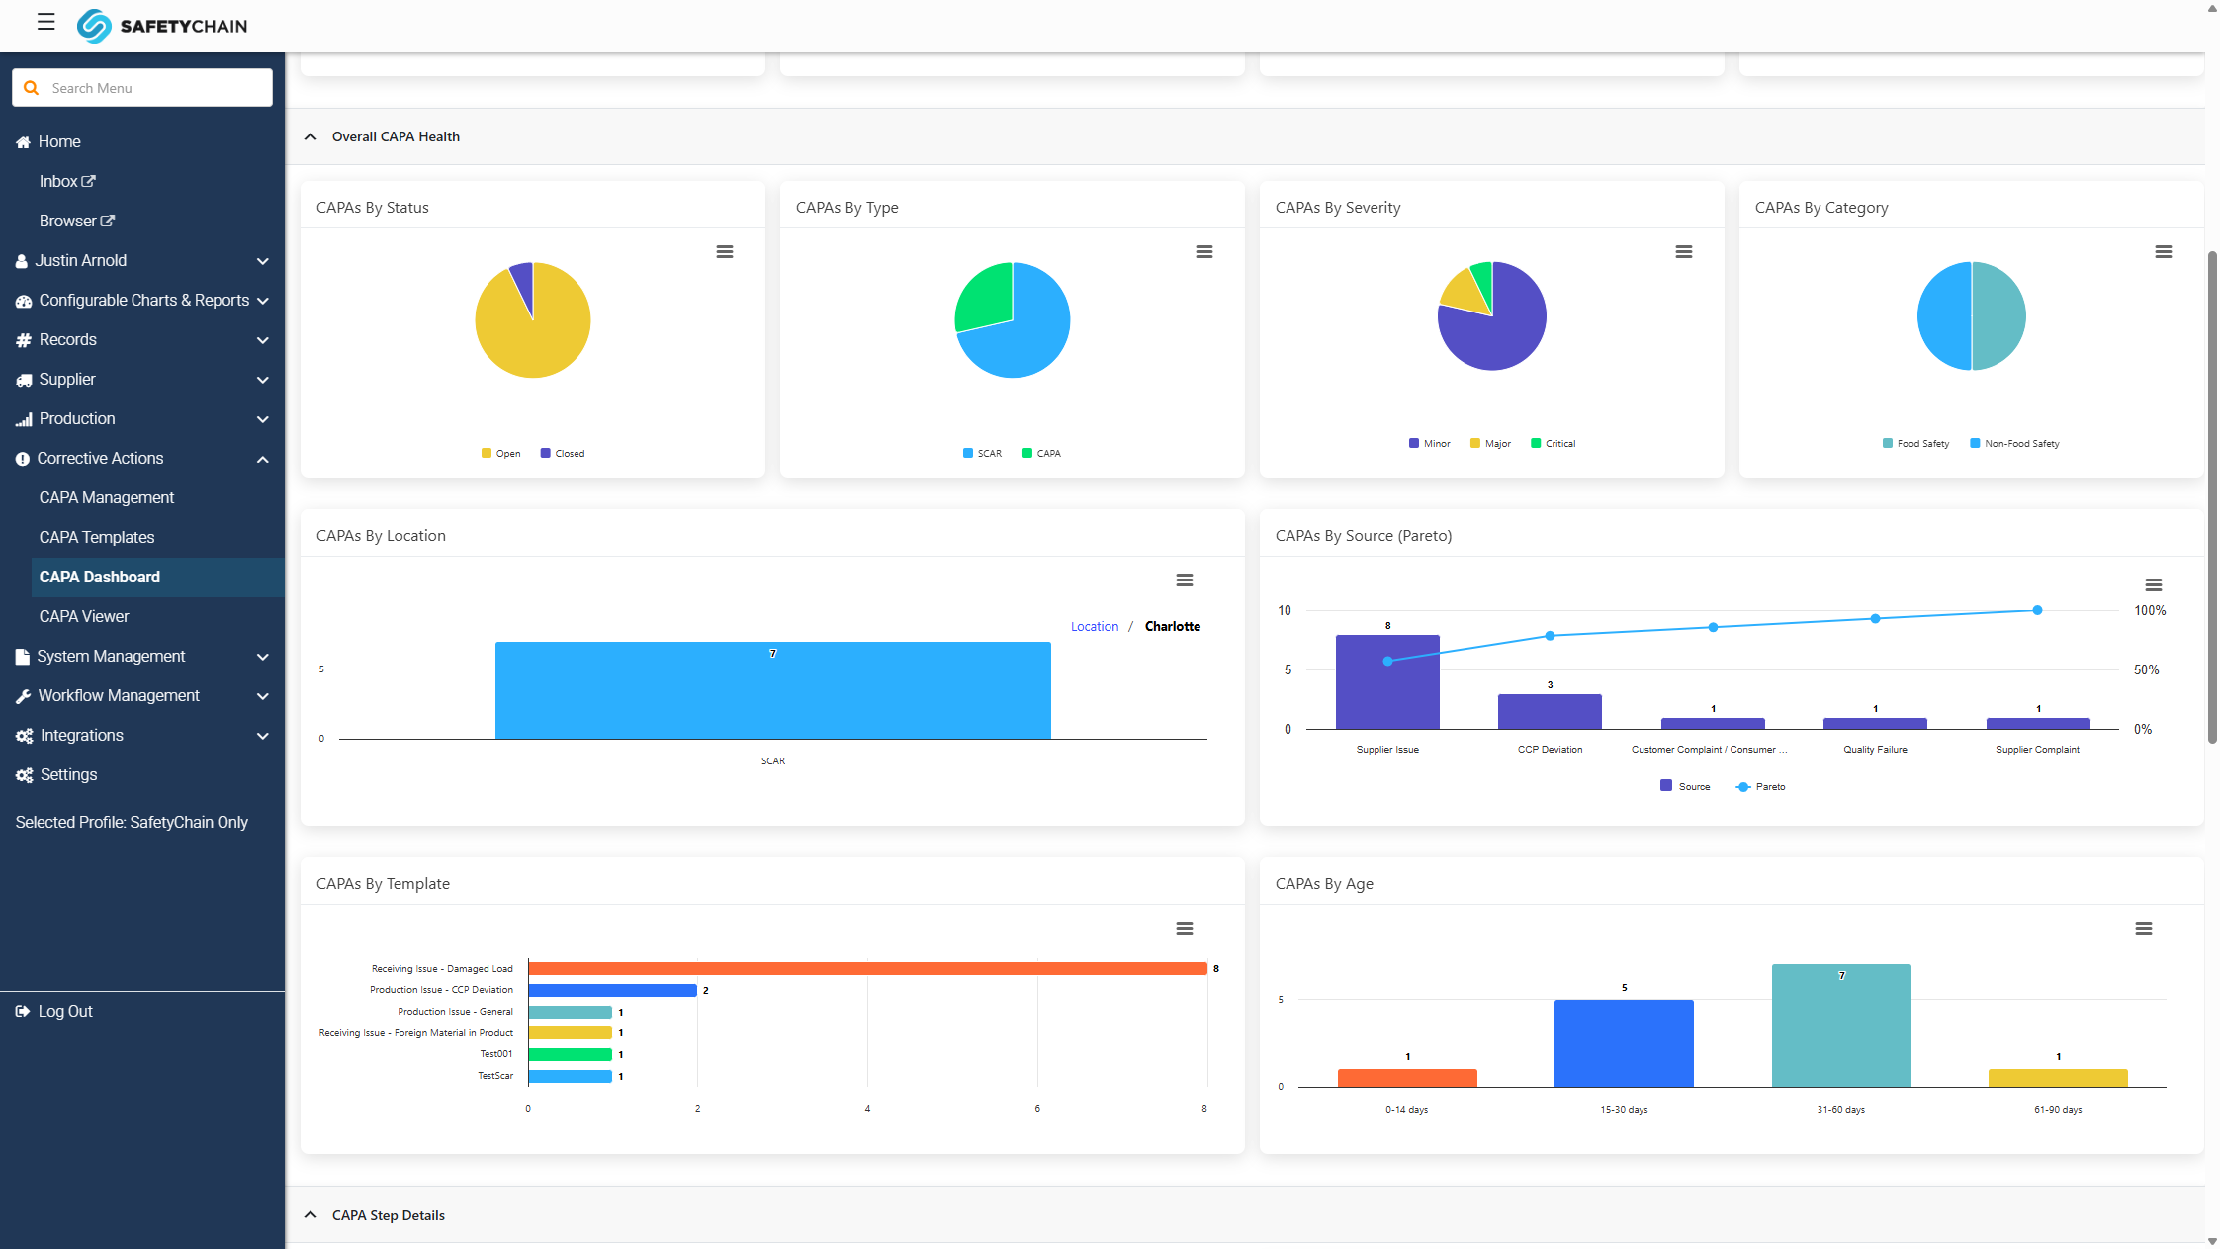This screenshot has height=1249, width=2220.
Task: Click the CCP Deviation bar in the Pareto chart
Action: click(1550, 712)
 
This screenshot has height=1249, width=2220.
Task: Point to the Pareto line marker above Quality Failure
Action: click(1875, 619)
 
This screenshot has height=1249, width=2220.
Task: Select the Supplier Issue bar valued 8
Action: click(1387, 682)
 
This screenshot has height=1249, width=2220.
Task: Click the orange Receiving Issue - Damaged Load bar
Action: click(867, 969)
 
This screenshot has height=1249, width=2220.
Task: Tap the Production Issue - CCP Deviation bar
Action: click(613, 990)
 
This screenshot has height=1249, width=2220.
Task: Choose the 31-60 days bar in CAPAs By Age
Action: click(1841, 1026)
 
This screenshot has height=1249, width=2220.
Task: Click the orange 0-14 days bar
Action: click(1407, 1078)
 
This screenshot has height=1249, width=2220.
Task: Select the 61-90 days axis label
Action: click(2058, 1110)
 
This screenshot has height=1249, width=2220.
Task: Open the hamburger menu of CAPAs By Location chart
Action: click(1185, 580)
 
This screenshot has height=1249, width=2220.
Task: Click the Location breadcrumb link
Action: click(1095, 627)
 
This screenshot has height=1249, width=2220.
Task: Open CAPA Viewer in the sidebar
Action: click(84, 616)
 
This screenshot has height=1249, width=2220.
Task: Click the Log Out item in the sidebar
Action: click(65, 1011)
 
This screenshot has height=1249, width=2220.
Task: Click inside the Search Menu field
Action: click(142, 88)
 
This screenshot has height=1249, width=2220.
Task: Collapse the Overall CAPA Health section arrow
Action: click(311, 136)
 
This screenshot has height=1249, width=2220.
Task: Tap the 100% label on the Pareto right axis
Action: click(2150, 611)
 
